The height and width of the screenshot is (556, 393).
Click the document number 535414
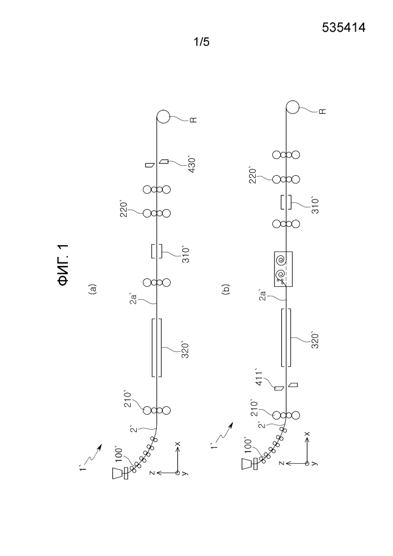pyautogui.click(x=344, y=27)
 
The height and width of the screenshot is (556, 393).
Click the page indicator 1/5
pyautogui.click(x=201, y=42)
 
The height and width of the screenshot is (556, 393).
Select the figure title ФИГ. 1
pyautogui.click(x=63, y=265)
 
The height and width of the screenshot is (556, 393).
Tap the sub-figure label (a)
pyautogui.click(x=93, y=289)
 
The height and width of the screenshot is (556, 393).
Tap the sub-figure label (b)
pyautogui.click(x=226, y=289)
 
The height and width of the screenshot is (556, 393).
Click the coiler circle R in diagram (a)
pyautogui.click(x=163, y=117)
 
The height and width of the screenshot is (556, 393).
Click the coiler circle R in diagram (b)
pyautogui.click(x=293, y=107)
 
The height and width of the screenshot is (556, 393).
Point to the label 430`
pyautogui.click(x=192, y=164)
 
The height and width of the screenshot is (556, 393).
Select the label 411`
pyautogui.click(x=260, y=378)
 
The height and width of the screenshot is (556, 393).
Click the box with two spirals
pyautogui.click(x=283, y=269)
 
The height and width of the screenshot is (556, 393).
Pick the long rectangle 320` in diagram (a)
pyautogui.click(x=157, y=348)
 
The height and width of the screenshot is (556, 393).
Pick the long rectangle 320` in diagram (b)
pyautogui.click(x=286, y=337)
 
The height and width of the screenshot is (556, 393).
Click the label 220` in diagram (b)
pyautogui.click(x=253, y=175)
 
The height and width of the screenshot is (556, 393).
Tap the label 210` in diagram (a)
pyautogui.click(x=128, y=399)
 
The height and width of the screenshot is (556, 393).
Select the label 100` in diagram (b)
pyautogui.click(x=248, y=446)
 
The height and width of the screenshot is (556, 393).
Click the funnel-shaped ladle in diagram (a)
pyautogui.click(x=117, y=473)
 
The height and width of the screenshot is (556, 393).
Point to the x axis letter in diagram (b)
pyautogui.click(x=307, y=434)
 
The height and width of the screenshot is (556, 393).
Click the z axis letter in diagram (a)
pyautogui.click(x=152, y=473)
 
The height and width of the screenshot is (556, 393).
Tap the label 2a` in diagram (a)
pyautogui.click(x=132, y=299)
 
